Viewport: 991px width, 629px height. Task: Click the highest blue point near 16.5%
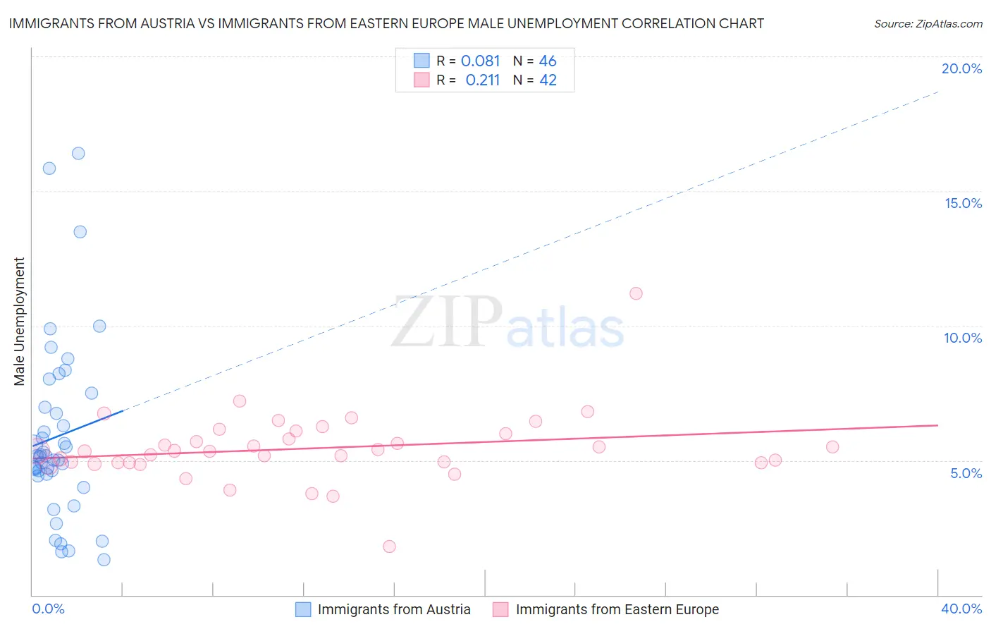click(78, 153)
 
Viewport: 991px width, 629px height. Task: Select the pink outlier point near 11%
click(636, 293)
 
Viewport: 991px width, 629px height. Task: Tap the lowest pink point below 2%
click(389, 546)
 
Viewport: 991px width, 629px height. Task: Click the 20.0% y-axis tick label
click(961, 68)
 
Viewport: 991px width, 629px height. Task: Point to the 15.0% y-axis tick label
click(963, 203)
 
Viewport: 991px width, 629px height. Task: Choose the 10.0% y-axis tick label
click(963, 338)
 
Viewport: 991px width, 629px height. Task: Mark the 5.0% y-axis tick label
click(966, 473)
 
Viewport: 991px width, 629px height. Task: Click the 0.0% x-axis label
click(48, 609)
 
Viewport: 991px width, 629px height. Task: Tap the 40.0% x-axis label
click(961, 609)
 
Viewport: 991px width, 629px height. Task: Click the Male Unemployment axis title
click(19, 322)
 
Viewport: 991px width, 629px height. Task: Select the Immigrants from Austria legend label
click(394, 609)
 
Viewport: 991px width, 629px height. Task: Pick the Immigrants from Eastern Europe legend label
click(617, 609)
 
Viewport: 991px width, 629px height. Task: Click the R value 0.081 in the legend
click(480, 61)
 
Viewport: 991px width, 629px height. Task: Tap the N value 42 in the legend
click(548, 80)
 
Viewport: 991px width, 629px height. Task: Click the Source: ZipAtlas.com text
click(928, 24)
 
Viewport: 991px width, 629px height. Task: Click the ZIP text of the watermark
click(447, 322)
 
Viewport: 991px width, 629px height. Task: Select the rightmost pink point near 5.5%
click(832, 446)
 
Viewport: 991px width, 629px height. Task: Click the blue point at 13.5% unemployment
click(80, 232)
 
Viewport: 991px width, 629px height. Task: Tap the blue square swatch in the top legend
click(421, 61)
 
